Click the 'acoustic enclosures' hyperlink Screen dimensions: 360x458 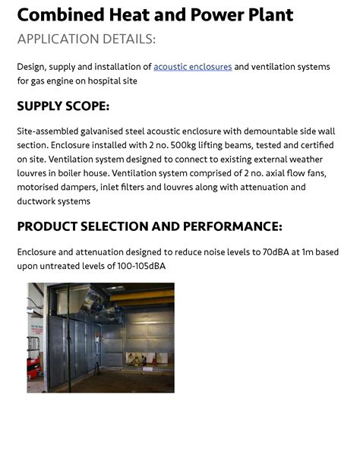[192, 67]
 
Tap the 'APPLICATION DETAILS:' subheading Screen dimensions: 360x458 [86, 39]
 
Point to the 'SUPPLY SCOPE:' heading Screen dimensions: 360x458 [63, 106]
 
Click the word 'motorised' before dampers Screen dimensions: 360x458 [39, 187]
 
